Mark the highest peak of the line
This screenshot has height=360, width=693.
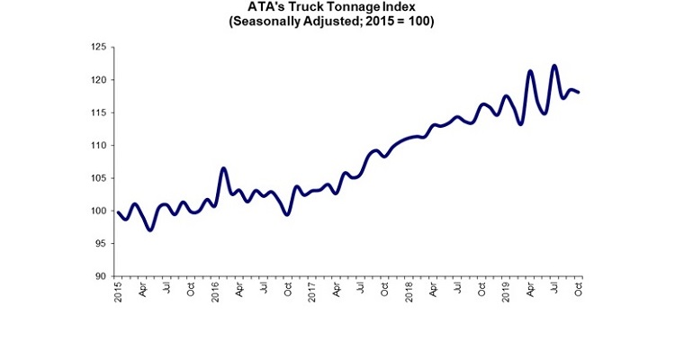[554, 66]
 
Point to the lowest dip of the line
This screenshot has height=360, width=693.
[150, 229]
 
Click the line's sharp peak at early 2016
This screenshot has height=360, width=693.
[223, 168]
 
